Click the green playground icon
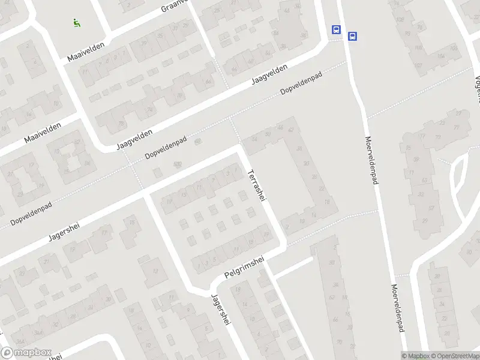[76, 23]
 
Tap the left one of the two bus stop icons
[336, 29]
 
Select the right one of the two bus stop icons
[352, 36]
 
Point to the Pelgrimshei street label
[244, 266]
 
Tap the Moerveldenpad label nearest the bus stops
[371, 160]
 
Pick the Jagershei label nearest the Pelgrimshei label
[221, 310]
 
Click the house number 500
[177, 164]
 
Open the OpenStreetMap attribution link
[457, 356]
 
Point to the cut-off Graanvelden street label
[175, 6]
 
